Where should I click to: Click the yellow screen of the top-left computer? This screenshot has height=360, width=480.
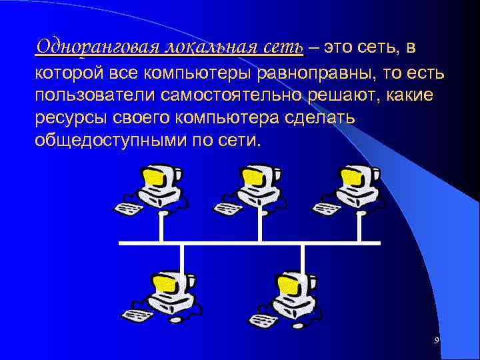[x=153, y=177]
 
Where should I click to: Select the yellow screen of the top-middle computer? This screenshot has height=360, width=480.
[x=252, y=177]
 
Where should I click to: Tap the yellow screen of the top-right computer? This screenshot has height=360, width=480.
[x=351, y=177]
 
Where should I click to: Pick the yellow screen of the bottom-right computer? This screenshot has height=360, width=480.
[x=287, y=285]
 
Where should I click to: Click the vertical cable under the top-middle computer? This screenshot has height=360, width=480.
[x=260, y=227]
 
